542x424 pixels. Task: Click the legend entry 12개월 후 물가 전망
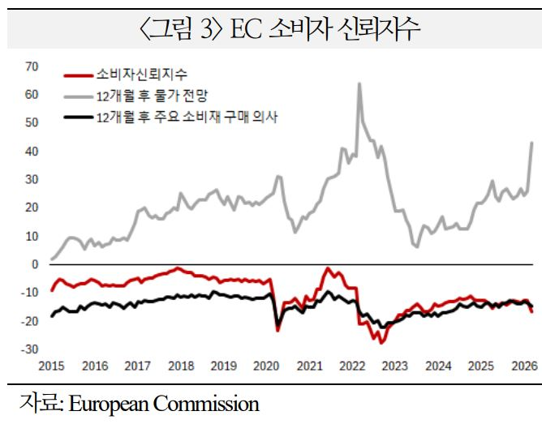pyautogui.click(x=153, y=96)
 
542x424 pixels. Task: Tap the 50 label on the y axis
pyautogui.click(x=32, y=122)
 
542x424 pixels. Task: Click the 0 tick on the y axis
pyautogui.click(x=35, y=264)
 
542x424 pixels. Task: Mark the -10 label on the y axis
pyautogui.click(x=30, y=293)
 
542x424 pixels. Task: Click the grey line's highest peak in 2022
pyautogui.click(x=359, y=84)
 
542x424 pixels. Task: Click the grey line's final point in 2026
pyautogui.click(x=532, y=143)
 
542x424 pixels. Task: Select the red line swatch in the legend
pyautogui.click(x=78, y=75)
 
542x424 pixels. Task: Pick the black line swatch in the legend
pyautogui.click(x=78, y=118)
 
